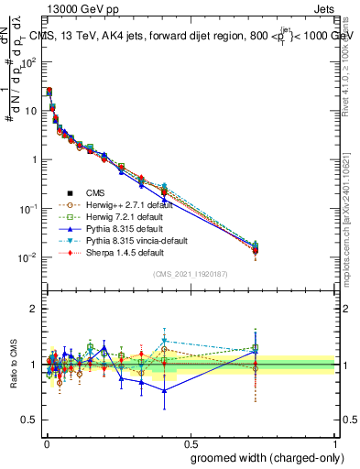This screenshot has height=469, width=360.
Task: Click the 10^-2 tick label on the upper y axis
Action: tap(28, 256)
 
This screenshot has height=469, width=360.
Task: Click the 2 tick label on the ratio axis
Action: tap(35, 309)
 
